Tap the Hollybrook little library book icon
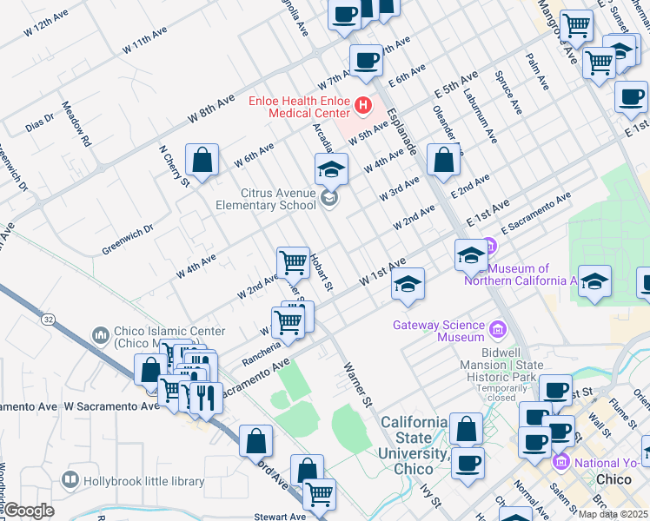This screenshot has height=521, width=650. point(69,479)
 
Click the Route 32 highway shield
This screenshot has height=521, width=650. point(46,320)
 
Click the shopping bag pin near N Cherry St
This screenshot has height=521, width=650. point(202,161)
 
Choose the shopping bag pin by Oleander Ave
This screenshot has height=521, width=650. point(444,161)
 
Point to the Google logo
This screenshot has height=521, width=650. point(29,511)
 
